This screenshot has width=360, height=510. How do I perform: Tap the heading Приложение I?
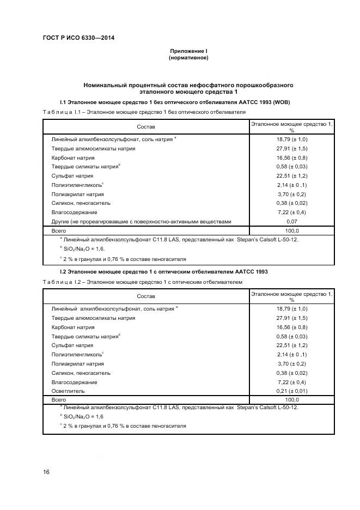point(188,51)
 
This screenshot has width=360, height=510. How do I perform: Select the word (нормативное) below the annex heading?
point(188,57)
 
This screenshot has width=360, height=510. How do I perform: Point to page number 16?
point(46,472)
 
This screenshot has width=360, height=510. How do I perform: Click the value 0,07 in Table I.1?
point(291,221)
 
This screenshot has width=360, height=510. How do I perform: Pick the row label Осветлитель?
point(68,391)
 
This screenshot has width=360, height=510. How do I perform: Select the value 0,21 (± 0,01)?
point(291,391)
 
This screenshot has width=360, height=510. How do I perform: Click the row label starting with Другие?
point(141,221)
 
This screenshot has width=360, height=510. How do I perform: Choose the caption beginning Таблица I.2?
point(142,281)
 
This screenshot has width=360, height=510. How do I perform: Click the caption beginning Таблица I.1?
point(144,112)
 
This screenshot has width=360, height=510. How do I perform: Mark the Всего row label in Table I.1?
point(59,230)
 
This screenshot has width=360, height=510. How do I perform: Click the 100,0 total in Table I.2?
point(291,399)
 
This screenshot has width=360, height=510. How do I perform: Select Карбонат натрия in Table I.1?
point(73,158)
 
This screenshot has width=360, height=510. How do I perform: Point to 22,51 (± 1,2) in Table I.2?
point(291,345)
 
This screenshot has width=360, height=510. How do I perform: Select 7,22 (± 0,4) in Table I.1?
point(291,212)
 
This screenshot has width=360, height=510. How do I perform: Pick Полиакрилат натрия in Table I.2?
point(77,363)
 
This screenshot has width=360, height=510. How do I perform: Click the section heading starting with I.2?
point(163,271)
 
